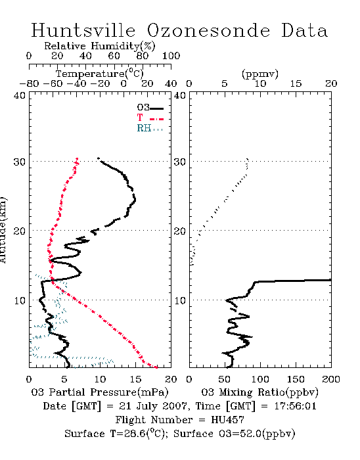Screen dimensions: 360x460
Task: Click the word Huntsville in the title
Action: (83, 30)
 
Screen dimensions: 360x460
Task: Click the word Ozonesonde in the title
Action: (208, 30)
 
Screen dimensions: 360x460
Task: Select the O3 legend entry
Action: (150, 108)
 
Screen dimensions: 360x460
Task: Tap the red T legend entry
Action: (150, 118)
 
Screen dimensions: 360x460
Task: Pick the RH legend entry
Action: (150, 128)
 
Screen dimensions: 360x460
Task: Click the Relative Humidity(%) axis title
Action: (100, 46)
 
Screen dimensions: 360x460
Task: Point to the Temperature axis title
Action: (100, 74)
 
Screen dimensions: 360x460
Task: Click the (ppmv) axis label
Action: (260, 74)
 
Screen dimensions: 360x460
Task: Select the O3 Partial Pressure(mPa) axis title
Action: (100, 392)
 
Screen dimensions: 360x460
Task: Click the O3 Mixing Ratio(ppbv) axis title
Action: (259, 392)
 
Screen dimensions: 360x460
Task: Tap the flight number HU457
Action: (227, 420)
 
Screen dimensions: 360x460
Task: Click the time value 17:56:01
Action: (295, 406)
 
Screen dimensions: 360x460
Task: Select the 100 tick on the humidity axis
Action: (171, 56)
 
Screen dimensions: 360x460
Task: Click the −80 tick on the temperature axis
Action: (29, 83)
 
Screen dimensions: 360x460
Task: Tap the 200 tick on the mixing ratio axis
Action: (331, 379)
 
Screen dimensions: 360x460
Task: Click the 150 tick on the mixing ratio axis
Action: (296, 379)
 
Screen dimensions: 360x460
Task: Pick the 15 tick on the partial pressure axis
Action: (135, 379)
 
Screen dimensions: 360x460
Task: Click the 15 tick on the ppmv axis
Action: (296, 83)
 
